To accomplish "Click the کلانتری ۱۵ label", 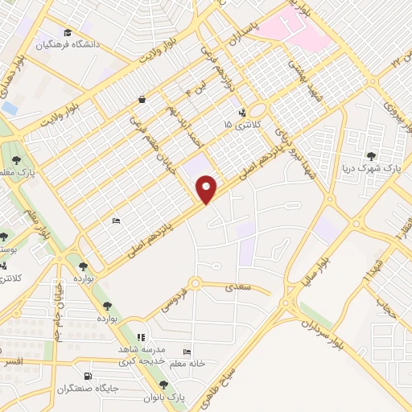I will (x=239, y=126).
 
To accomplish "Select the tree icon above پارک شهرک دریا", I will (x=371, y=156).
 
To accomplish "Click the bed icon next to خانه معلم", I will (x=187, y=352).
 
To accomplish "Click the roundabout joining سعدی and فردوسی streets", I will (x=195, y=283).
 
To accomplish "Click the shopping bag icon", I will (x=142, y=100).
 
